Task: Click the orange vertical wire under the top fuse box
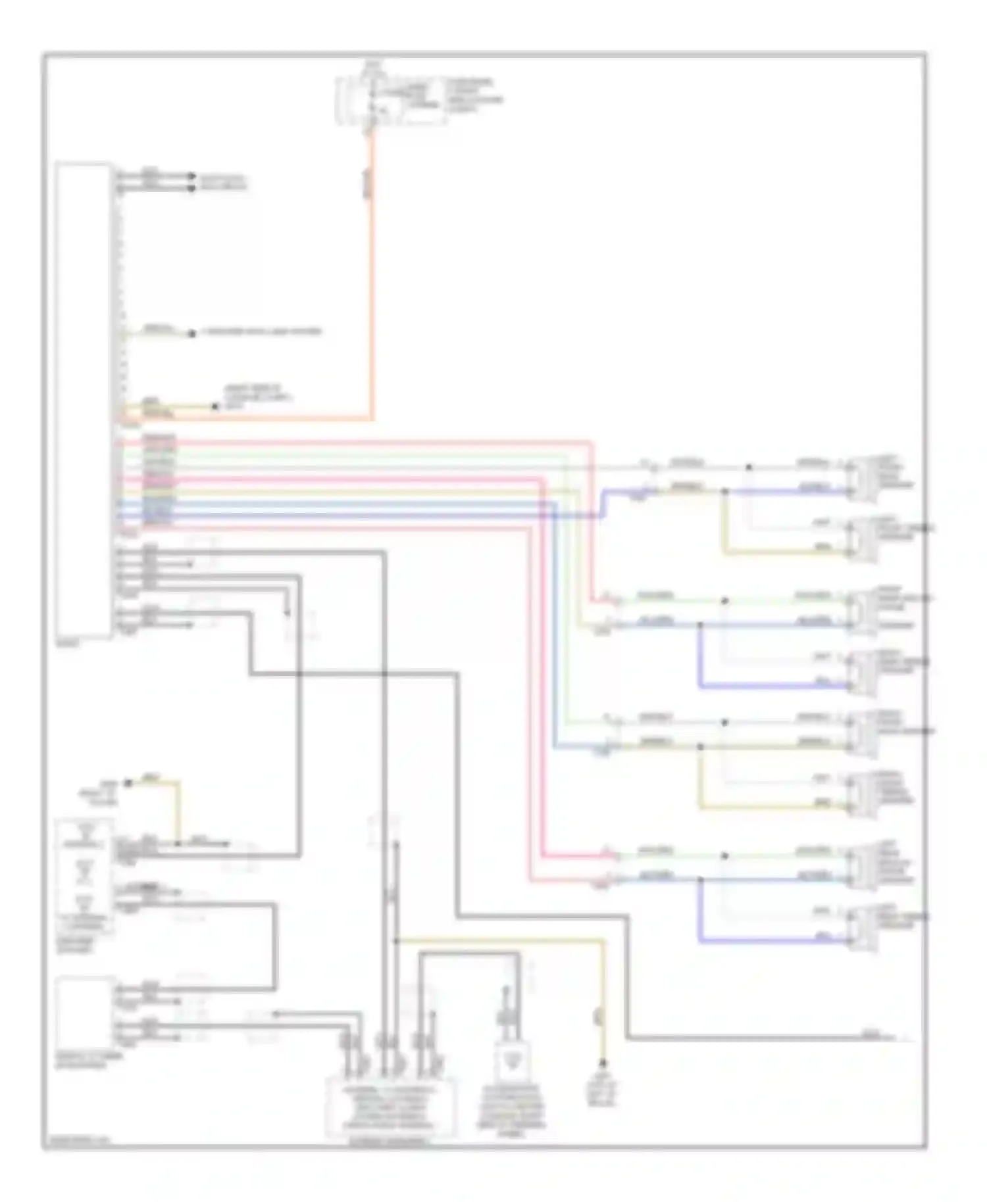point(372,296)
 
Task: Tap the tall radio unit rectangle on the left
point(84,399)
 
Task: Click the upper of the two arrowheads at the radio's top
point(191,176)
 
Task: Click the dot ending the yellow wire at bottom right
point(602,1063)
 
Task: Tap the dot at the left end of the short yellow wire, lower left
point(129,783)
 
